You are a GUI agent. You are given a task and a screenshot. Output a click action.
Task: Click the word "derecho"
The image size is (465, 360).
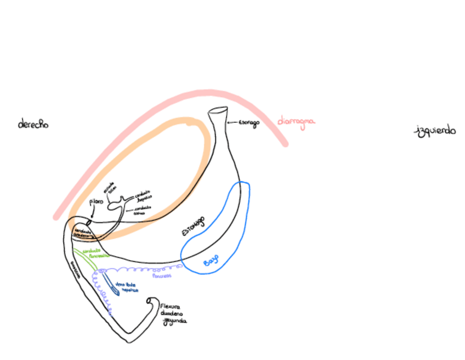point(33,124)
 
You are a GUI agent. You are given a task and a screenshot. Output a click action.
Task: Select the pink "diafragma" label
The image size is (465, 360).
point(296,121)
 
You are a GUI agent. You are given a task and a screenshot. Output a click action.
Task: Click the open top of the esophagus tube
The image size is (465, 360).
point(218,111)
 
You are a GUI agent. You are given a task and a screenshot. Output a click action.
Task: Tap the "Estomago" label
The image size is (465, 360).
point(194,226)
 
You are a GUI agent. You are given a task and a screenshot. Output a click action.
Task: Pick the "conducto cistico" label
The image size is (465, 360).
point(140,211)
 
